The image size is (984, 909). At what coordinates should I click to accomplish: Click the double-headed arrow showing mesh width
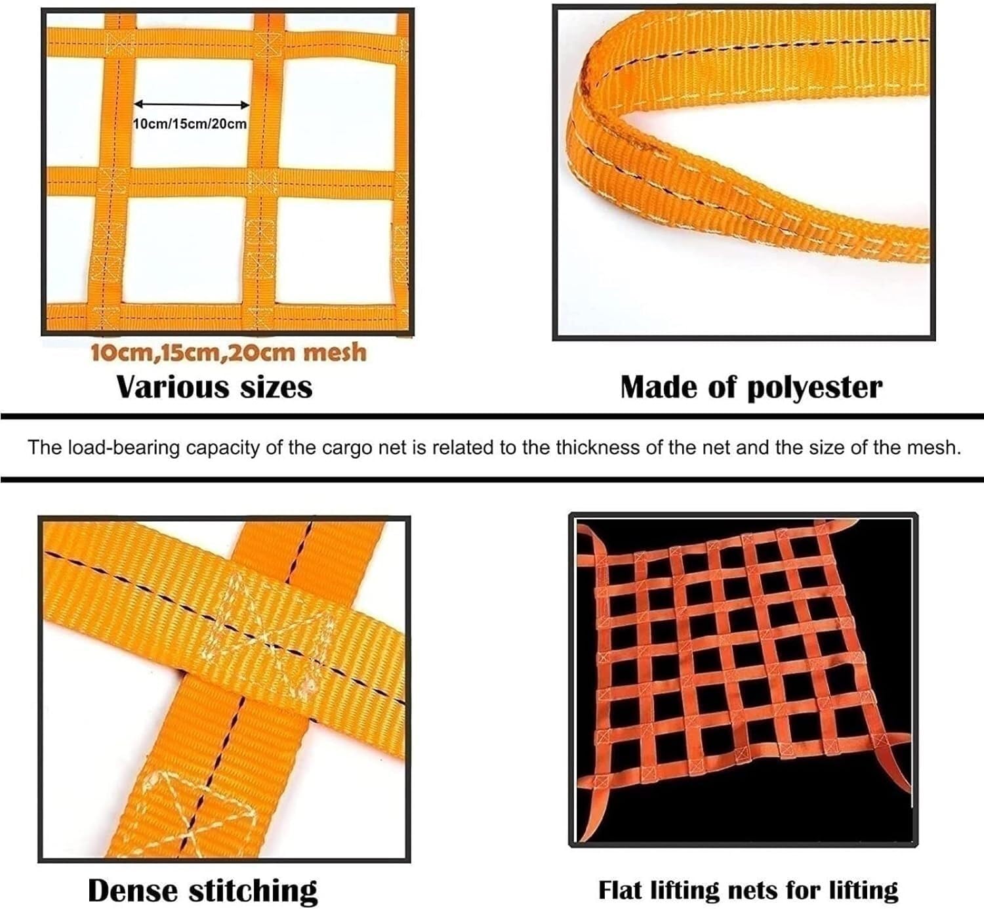pyautogui.click(x=192, y=104)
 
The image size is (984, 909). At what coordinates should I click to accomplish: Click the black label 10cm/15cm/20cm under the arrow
pyautogui.click(x=190, y=124)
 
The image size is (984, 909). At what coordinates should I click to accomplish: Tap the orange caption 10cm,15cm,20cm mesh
pyautogui.click(x=228, y=353)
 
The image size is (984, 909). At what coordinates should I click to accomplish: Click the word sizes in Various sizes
pyautogui.click(x=276, y=387)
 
